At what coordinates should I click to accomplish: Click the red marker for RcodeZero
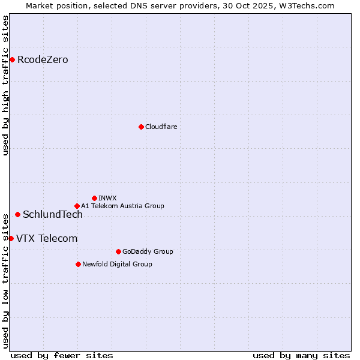[x=12, y=59]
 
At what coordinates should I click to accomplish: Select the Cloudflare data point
[x=141, y=127]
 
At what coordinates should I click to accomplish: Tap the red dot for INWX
[x=94, y=198]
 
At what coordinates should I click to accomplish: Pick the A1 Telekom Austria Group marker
[x=77, y=206]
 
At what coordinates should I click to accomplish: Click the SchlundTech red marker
[x=17, y=214]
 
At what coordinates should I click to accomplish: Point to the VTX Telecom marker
[x=11, y=238]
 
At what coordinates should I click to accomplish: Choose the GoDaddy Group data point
[x=118, y=251]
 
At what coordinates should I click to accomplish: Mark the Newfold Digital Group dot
[x=78, y=264]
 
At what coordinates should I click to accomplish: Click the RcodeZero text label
[x=43, y=59]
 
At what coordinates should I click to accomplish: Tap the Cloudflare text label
[x=161, y=127]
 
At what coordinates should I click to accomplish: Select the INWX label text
[x=107, y=198]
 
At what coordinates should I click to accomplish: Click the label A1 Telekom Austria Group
[x=122, y=206]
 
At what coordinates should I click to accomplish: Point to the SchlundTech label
[x=53, y=214]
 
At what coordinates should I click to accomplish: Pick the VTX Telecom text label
[x=47, y=238]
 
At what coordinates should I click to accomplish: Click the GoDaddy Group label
[x=148, y=251]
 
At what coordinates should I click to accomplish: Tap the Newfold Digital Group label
[x=117, y=264]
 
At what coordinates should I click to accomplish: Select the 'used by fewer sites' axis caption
[x=62, y=355]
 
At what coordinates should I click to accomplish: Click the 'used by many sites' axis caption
[x=301, y=355]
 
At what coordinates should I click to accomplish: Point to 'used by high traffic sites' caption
[x=5, y=85]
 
